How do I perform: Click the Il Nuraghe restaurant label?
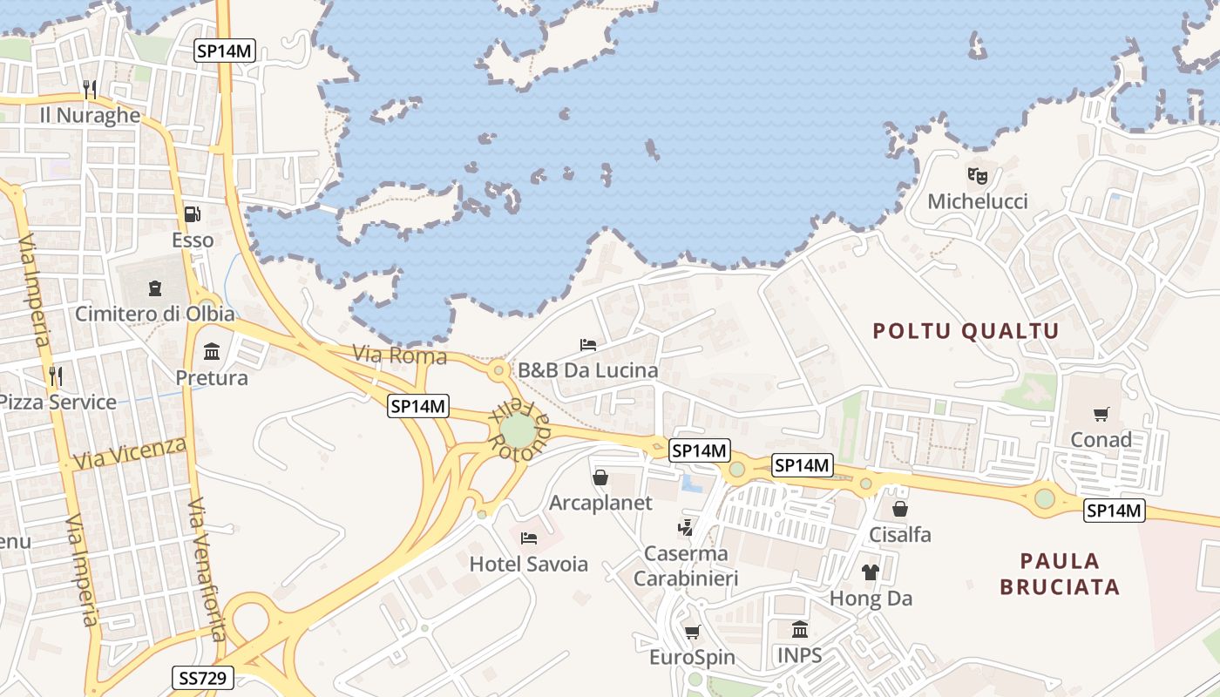pyautogui.click(x=90, y=115)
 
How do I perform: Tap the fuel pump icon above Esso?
pyautogui.click(x=192, y=213)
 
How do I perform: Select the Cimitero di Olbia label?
pyautogui.click(x=155, y=314)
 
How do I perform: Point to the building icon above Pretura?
pyautogui.click(x=211, y=352)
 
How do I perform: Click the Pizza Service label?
pyautogui.click(x=58, y=403)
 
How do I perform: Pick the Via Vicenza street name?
pyautogui.click(x=130, y=454)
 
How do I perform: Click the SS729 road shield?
pyautogui.click(x=202, y=678)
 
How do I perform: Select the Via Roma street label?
pyautogui.click(x=399, y=355)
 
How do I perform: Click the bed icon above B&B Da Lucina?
pyautogui.click(x=588, y=345)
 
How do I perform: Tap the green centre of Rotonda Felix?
pyautogui.click(x=518, y=430)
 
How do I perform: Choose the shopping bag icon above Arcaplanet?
pyautogui.click(x=600, y=477)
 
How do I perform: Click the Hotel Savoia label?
pyautogui.click(x=528, y=565)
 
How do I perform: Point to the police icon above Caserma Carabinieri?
pyautogui.click(x=686, y=527)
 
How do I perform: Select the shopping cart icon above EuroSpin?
pyautogui.click(x=693, y=632)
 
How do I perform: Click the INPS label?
pyautogui.click(x=799, y=655)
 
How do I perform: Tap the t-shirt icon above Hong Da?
pyautogui.click(x=871, y=572)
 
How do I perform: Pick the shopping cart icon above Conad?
pyautogui.click(x=1101, y=415)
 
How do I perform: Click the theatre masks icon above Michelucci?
pyautogui.click(x=978, y=176)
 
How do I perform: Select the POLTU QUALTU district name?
pyautogui.click(x=966, y=331)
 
